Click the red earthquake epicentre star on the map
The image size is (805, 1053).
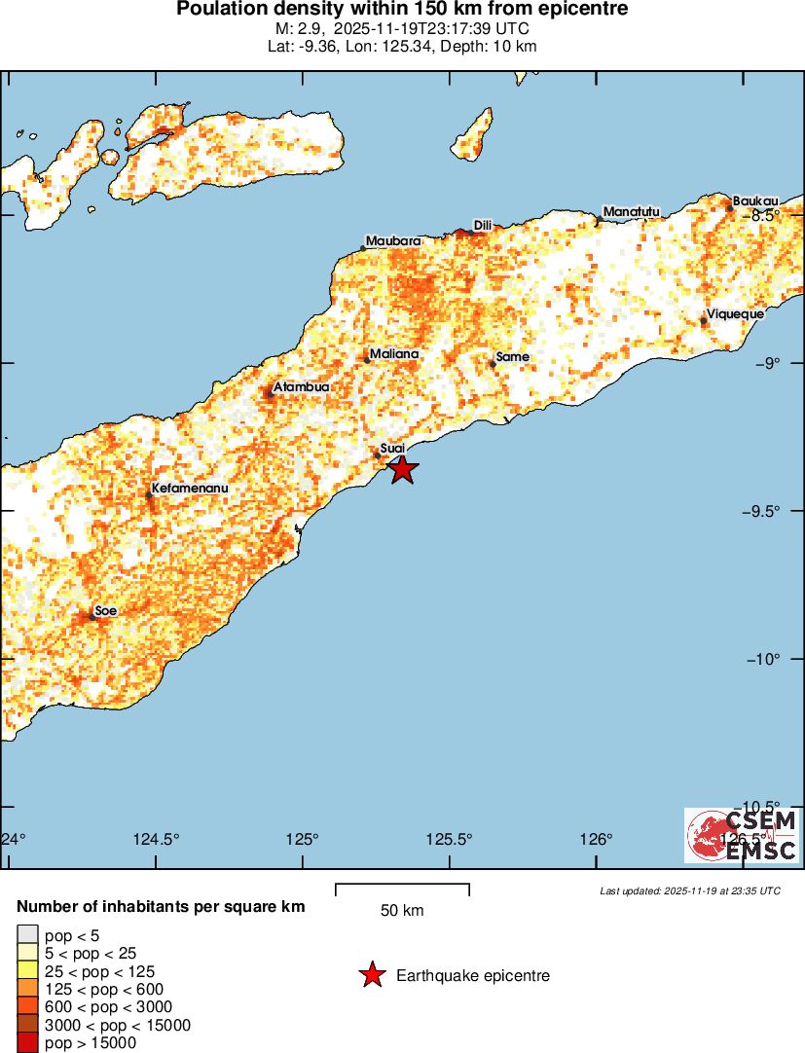point(403,469)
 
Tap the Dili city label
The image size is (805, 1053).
point(482,226)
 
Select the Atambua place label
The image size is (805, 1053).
point(302,387)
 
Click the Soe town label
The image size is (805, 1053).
point(106,610)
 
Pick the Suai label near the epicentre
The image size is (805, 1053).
point(392,448)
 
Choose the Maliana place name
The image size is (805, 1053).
point(394,354)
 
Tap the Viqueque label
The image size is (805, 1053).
point(736,314)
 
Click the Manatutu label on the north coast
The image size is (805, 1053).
point(632,211)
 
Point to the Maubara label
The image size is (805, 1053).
point(393,240)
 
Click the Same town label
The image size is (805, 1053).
point(513,357)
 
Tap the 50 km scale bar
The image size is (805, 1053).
point(402,888)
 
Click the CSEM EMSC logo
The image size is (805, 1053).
point(743,836)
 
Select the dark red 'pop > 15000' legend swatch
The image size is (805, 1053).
point(28,1043)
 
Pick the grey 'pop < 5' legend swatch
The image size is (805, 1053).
point(28,935)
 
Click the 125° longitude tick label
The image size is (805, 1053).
point(303,840)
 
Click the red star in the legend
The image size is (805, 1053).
point(372,975)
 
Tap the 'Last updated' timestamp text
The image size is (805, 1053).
point(689,890)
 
